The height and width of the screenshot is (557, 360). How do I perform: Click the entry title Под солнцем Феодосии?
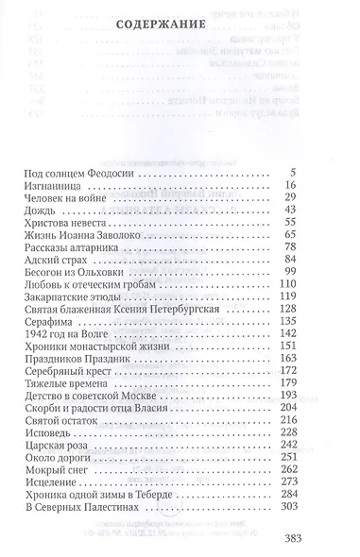(x=82, y=174)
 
